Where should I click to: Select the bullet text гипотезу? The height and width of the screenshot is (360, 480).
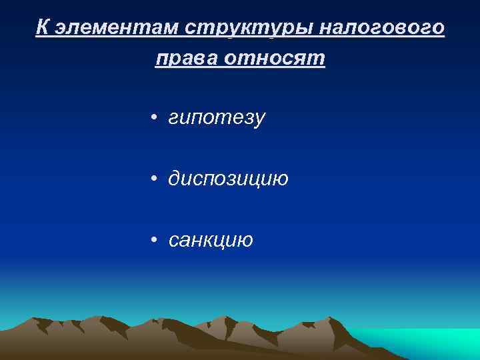coord(217,118)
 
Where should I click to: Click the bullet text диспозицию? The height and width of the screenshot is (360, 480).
coord(228,179)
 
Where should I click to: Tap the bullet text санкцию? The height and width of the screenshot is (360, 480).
coord(211,239)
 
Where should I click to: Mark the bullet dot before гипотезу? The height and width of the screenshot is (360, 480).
coord(153,119)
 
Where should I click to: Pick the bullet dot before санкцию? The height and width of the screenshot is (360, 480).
coord(153,240)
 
